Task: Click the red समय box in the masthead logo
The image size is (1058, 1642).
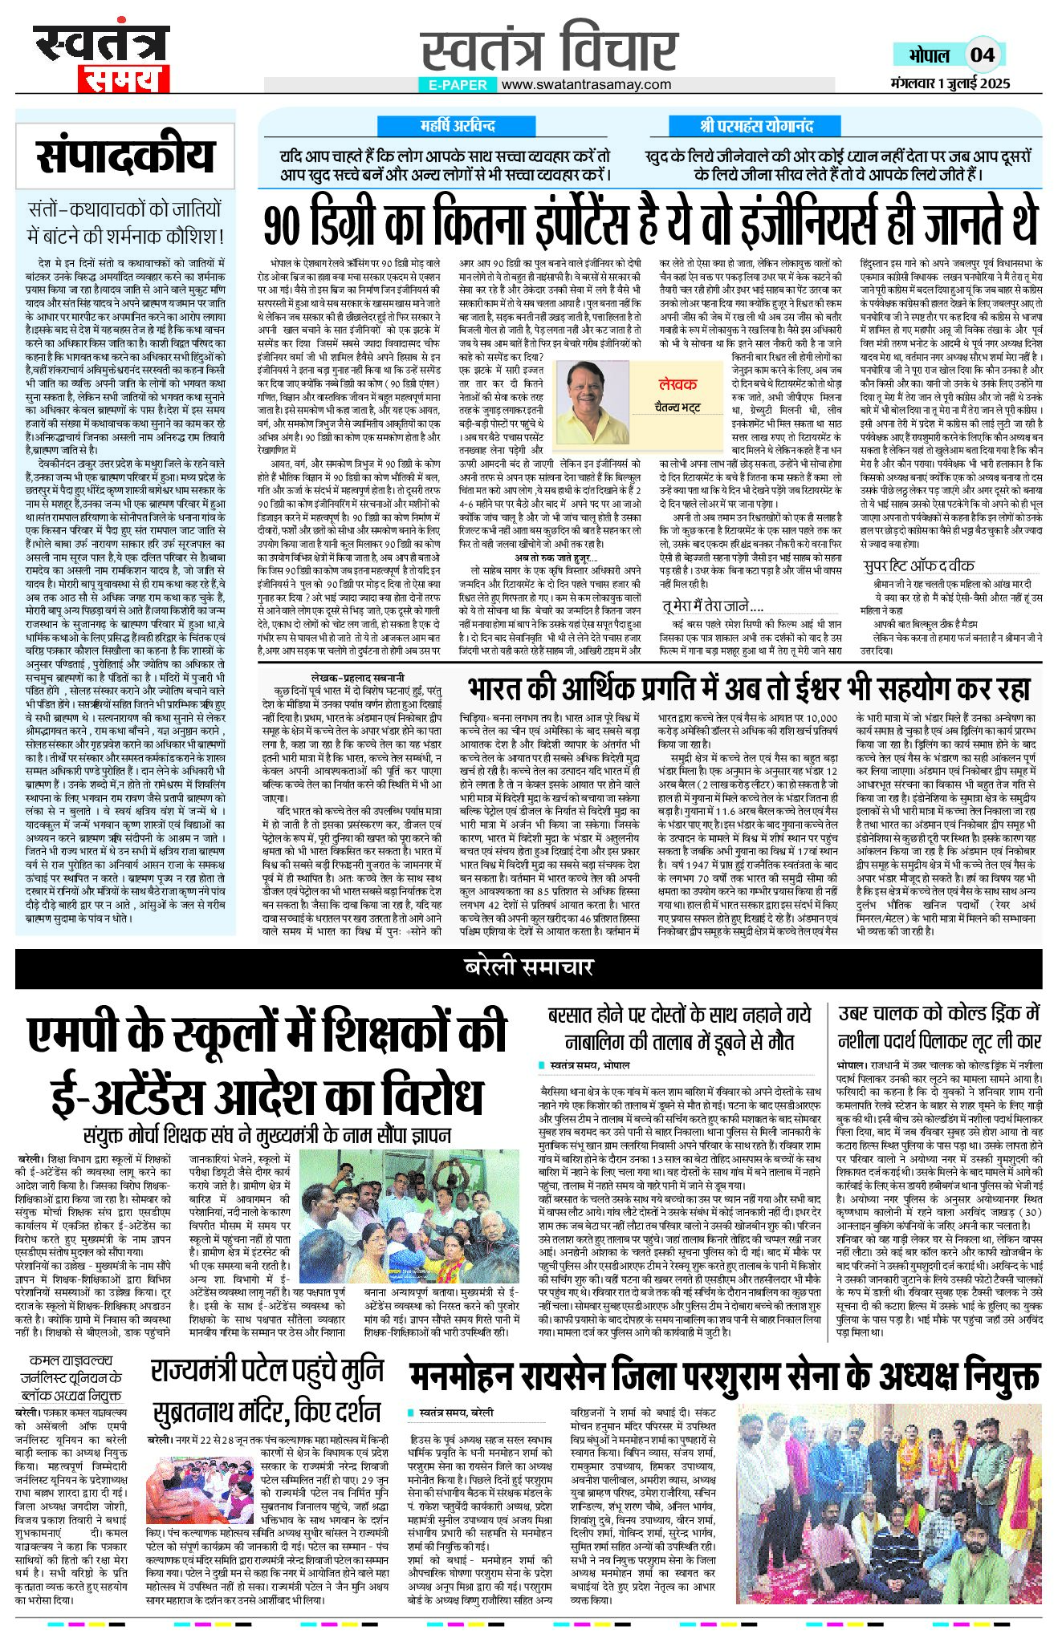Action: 123,79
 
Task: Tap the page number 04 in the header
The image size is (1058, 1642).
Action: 982,55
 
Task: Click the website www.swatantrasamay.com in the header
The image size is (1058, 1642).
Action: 586,84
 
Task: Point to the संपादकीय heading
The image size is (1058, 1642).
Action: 125,157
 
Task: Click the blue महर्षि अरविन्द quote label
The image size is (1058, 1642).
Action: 458,126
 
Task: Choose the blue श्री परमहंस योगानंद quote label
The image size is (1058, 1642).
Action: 756,126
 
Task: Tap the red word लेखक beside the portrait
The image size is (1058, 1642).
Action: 677,384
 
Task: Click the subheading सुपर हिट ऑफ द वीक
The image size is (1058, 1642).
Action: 918,566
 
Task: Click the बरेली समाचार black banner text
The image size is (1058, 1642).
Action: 528,967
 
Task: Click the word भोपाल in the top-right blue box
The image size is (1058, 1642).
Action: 930,55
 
